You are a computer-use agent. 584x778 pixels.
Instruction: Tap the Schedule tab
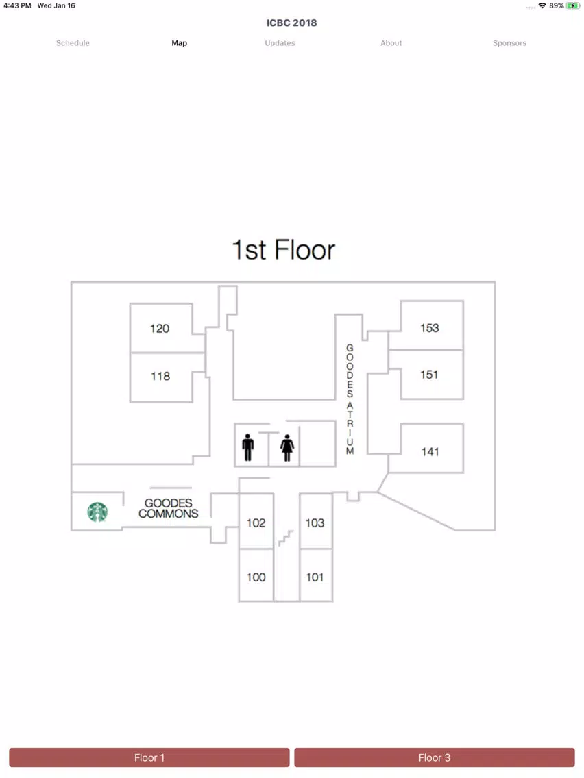[x=73, y=43]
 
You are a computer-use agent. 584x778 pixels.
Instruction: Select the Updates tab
[x=280, y=43]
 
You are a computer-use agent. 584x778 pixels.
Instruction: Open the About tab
[x=391, y=43]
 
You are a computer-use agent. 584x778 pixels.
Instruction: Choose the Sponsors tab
[x=509, y=43]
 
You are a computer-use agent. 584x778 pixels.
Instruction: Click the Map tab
[x=180, y=43]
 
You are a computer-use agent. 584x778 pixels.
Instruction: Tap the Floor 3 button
[x=434, y=757]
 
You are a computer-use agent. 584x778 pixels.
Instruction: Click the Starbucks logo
[x=97, y=512]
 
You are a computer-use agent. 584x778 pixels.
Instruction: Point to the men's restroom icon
[x=248, y=447]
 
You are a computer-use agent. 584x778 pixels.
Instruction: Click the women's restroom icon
[x=287, y=447]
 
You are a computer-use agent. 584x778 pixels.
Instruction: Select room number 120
[x=160, y=329]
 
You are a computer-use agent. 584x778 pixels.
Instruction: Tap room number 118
[x=160, y=376]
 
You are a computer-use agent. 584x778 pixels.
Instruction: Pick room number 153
[x=430, y=328]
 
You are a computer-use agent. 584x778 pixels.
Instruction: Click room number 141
[x=430, y=451]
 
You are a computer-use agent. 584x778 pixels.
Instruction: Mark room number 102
[x=256, y=523]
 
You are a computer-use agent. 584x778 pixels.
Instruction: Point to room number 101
[x=315, y=577]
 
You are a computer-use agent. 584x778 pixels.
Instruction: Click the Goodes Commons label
[x=169, y=509]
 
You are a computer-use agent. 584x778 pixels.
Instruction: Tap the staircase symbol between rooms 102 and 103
[x=286, y=538]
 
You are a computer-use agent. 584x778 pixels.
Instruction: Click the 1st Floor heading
[x=284, y=249]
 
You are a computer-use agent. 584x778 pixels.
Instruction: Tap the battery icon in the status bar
[x=573, y=6]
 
